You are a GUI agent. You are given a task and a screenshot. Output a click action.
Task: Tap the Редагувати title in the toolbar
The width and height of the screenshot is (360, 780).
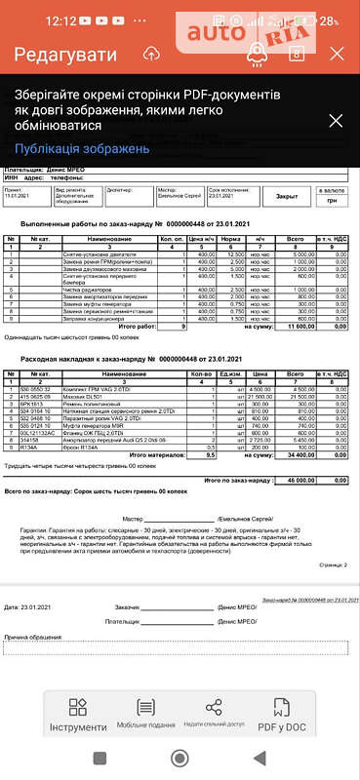[60, 54]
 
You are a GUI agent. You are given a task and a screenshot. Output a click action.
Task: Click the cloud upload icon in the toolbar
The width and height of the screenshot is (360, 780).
[151, 55]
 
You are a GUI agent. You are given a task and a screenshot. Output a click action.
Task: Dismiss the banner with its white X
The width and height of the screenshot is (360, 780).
[336, 121]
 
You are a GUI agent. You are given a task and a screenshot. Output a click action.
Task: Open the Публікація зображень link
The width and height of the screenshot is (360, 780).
[81, 148]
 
